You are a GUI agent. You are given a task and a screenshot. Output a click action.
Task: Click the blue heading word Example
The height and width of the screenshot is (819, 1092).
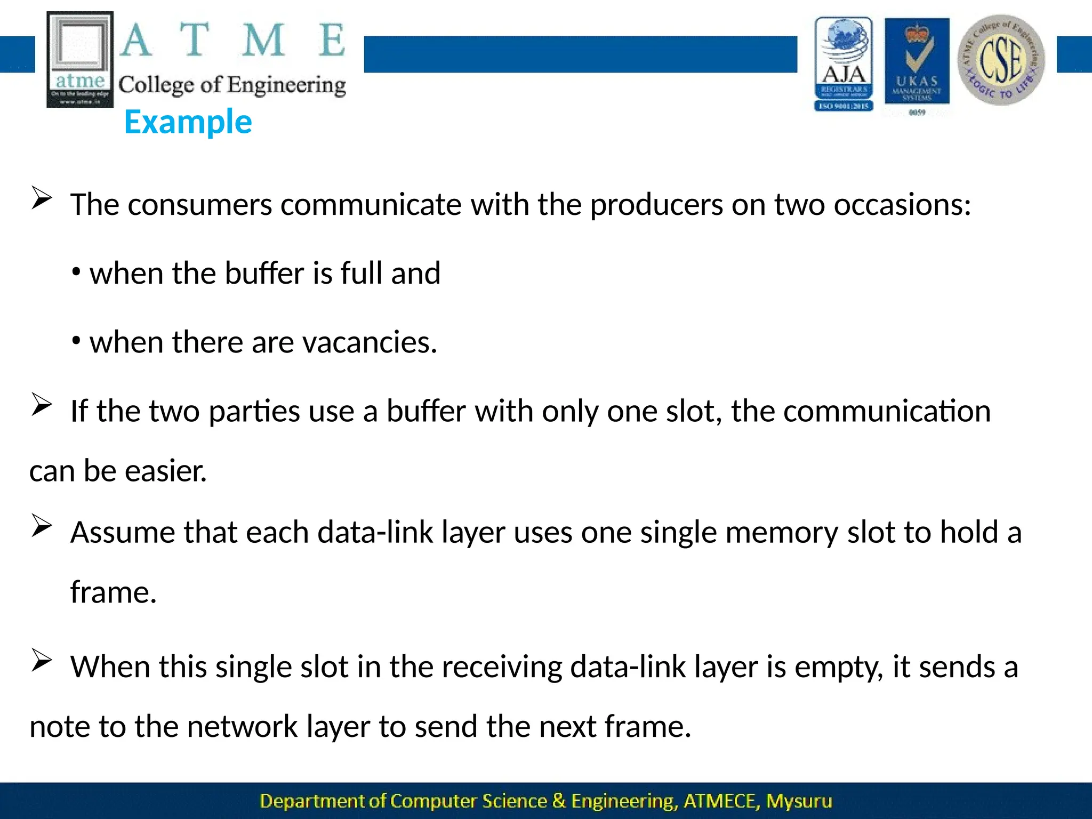[188, 122]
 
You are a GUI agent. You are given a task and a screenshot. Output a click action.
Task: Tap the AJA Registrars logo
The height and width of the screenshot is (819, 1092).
[844, 64]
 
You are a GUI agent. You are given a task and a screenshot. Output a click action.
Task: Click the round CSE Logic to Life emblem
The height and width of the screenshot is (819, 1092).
[1001, 60]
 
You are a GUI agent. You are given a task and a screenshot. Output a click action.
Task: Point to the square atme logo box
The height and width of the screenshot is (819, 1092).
[80, 59]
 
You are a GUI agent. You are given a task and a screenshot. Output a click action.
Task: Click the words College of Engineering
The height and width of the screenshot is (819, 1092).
[232, 85]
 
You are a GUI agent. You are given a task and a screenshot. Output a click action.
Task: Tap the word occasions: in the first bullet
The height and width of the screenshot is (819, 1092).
[902, 204]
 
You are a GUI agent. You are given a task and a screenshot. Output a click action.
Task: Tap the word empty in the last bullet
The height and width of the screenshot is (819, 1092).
[839, 667]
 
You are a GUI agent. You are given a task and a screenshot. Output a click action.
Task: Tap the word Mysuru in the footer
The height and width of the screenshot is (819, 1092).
[799, 801]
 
